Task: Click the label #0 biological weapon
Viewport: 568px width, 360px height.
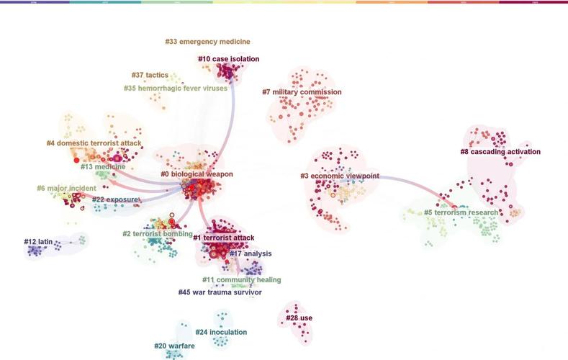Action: (197, 174)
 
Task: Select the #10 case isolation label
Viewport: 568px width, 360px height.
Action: (228, 59)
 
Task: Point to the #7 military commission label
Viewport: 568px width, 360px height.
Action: (302, 92)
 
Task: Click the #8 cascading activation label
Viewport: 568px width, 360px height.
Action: (500, 152)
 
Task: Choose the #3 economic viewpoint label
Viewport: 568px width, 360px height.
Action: (340, 176)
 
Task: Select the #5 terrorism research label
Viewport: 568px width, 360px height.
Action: (461, 213)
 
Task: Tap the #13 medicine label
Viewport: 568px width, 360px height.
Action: (103, 167)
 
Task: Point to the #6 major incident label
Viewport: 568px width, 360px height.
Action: (66, 189)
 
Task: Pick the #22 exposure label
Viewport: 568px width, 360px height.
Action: (114, 199)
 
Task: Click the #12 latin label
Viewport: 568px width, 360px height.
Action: (40, 242)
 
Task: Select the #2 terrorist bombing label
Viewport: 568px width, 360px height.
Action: (157, 234)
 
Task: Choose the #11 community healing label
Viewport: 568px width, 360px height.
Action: (241, 280)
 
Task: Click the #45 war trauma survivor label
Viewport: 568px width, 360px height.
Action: (220, 292)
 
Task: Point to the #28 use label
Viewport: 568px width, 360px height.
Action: (299, 318)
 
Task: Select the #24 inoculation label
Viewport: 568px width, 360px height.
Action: (221, 333)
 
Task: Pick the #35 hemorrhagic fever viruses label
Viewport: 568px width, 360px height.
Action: (176, 89)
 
